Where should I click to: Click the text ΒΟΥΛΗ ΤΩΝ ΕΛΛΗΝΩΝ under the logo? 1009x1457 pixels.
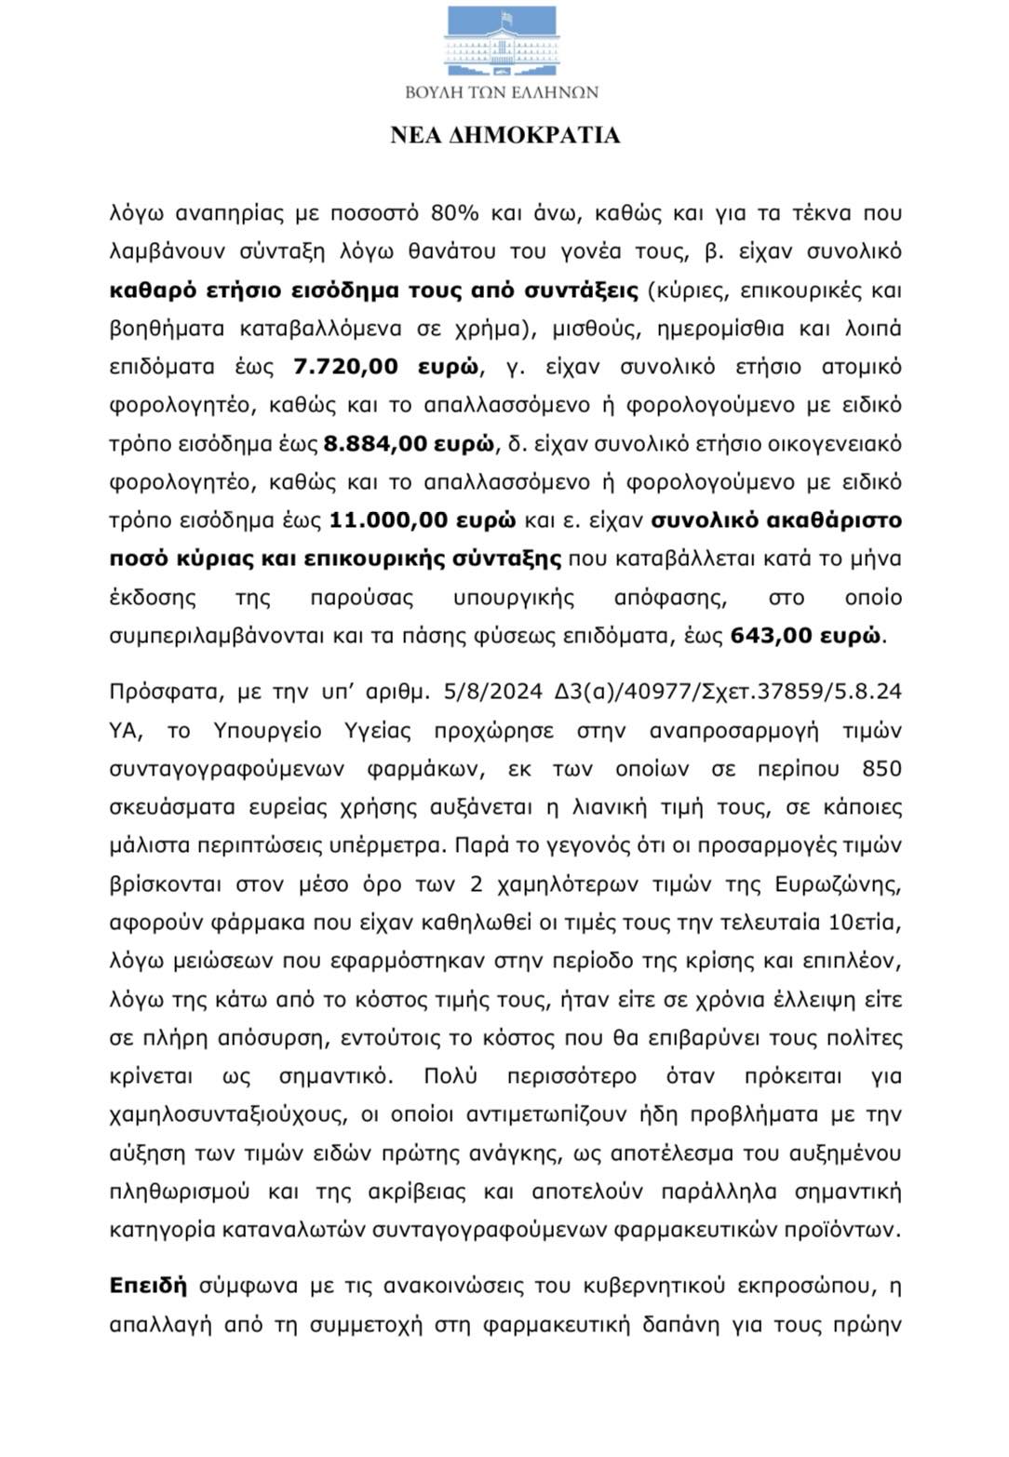tap(503, 92)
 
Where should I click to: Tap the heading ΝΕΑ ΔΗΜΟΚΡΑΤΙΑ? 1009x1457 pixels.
tap(504, 135)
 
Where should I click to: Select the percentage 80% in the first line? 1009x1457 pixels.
tap(454, 213)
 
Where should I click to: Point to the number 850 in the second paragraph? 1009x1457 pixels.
tap(881, 769)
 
